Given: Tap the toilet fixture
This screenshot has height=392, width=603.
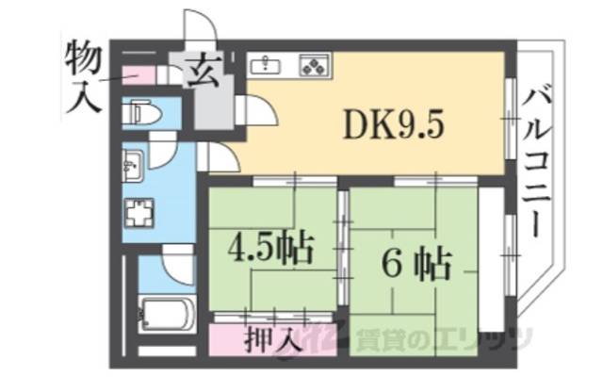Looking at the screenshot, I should (144, 114).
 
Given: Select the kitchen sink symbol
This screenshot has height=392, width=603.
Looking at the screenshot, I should (269, 65).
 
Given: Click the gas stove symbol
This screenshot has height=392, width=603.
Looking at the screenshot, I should (314, 65).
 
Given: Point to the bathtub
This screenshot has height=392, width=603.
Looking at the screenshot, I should (164, 310).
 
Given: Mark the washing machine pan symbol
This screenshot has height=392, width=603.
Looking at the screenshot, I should (139, 215).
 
